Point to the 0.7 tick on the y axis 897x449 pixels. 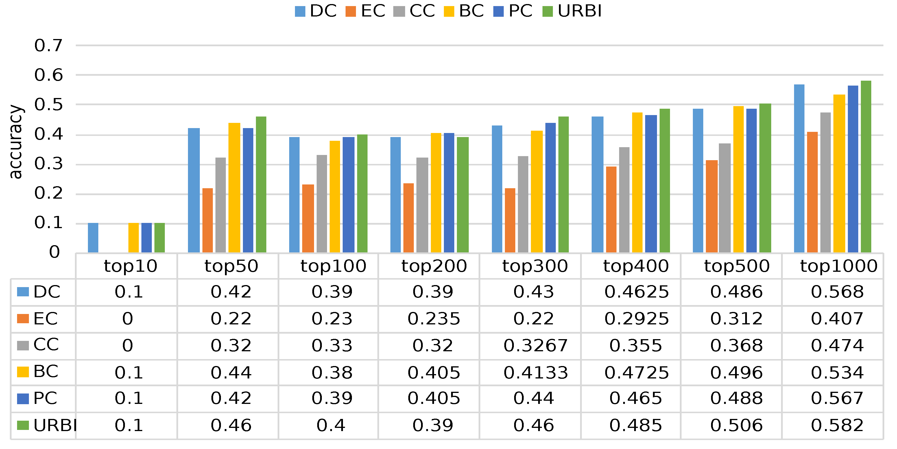(48, 46)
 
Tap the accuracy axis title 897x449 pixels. (15, 142)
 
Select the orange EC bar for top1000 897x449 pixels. (812, 192)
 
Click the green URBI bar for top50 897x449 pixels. (261, 184)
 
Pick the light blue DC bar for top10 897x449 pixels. (93, 238)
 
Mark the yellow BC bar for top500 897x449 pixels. (738, 179)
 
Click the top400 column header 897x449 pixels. (636, 266)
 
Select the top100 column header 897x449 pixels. (333, 266)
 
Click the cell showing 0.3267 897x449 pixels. (535, 345)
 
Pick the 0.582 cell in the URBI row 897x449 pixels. (837, 425)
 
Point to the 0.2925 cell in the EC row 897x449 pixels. (636, 319)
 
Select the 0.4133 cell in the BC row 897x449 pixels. (535, 373)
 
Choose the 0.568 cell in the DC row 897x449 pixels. (837, 292)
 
